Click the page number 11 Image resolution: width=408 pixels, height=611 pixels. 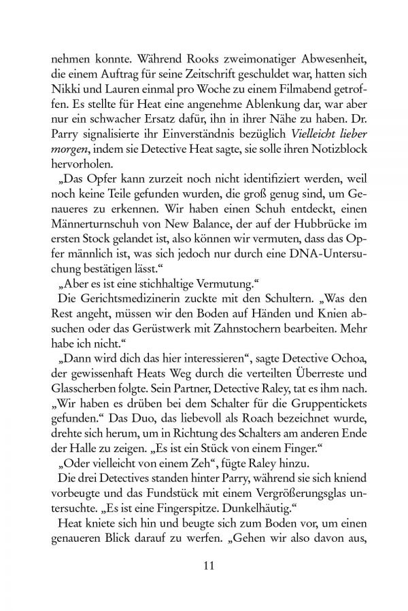[204, 566]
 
